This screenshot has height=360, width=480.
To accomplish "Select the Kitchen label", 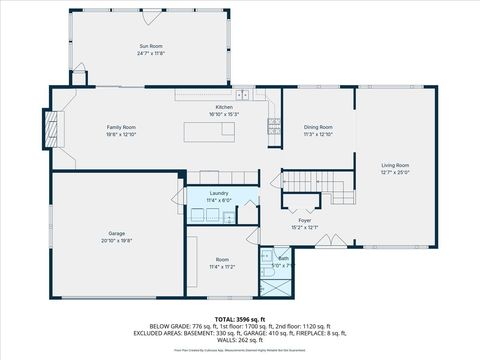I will pos(224,108).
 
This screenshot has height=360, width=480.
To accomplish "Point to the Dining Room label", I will pos(318,127).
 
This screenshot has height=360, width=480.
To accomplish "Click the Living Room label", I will pos(395,165).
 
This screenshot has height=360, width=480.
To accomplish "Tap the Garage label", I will pos(117,234).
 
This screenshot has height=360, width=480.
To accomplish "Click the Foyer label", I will pos(305,220).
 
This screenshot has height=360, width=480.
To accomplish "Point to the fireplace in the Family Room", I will pos(51,127).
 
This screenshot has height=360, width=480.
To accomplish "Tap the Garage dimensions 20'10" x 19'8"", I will pos(117,241).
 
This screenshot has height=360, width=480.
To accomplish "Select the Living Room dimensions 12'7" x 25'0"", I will pos(395,172).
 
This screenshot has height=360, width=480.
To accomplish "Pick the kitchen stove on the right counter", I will pos(273,126).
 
